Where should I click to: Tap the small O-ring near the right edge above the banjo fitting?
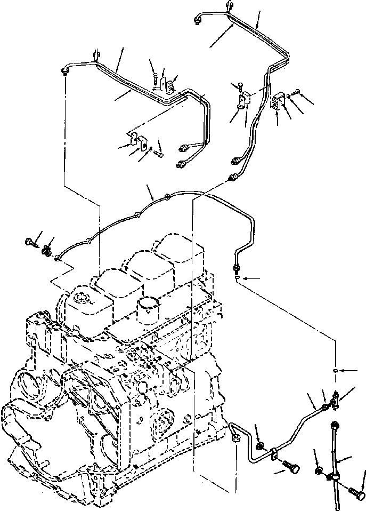[x=334, y=370]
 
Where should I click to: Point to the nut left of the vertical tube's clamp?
[x=319, y=470]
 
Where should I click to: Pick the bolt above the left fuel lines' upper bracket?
[x=154, y=78]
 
